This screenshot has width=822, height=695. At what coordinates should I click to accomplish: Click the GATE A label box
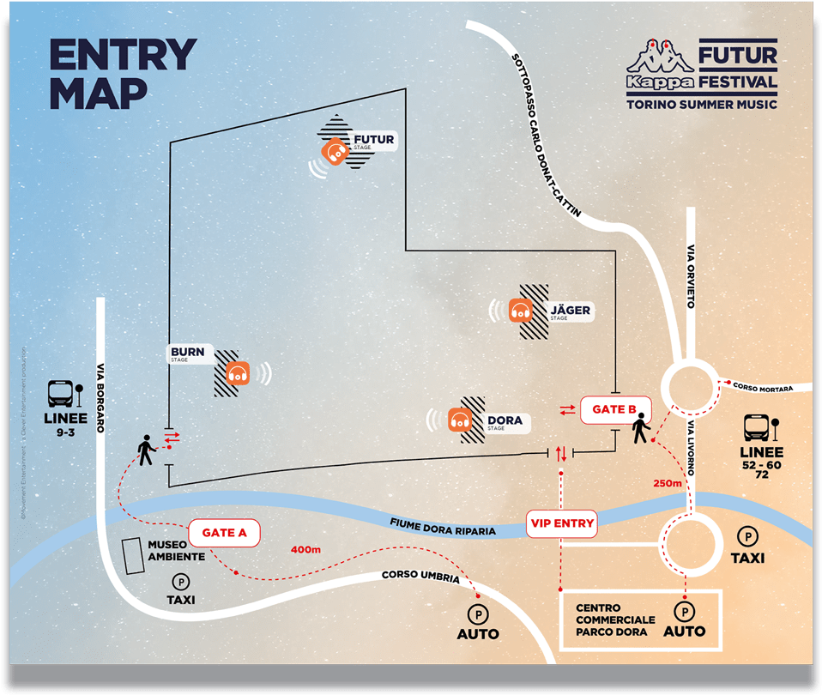224,533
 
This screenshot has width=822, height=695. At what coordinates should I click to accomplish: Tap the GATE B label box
614,409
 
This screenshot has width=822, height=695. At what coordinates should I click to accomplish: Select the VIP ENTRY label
562,523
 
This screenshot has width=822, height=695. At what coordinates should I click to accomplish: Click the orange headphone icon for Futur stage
335,153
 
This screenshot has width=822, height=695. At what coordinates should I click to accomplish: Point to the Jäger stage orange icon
520,311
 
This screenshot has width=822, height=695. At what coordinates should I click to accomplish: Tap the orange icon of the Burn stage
239,373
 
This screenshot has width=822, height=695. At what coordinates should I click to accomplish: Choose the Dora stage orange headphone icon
461,420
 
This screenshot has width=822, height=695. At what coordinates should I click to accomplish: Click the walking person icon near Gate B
640,427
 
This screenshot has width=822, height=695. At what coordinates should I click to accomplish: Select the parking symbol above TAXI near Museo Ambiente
180,582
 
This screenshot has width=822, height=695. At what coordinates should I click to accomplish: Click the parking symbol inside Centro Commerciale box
684,612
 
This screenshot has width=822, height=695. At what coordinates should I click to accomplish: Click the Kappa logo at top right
659,69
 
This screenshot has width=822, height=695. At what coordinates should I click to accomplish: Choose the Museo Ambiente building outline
132,556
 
